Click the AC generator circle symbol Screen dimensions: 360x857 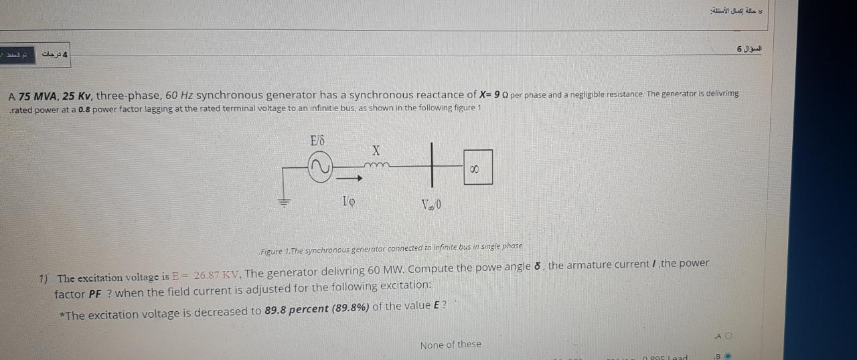(319, 167)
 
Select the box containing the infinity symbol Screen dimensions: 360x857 (477, 167)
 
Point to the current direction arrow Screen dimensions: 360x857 (349, 179)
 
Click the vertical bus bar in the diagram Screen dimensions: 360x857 (433, 165)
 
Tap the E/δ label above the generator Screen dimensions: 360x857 (317, 141)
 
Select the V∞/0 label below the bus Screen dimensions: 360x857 (431, 204)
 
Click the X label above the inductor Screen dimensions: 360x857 (376, 151)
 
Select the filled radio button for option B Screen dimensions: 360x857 (728, 356)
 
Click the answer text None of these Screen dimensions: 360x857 (450, 345)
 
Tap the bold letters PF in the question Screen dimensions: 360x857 (96, 294)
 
